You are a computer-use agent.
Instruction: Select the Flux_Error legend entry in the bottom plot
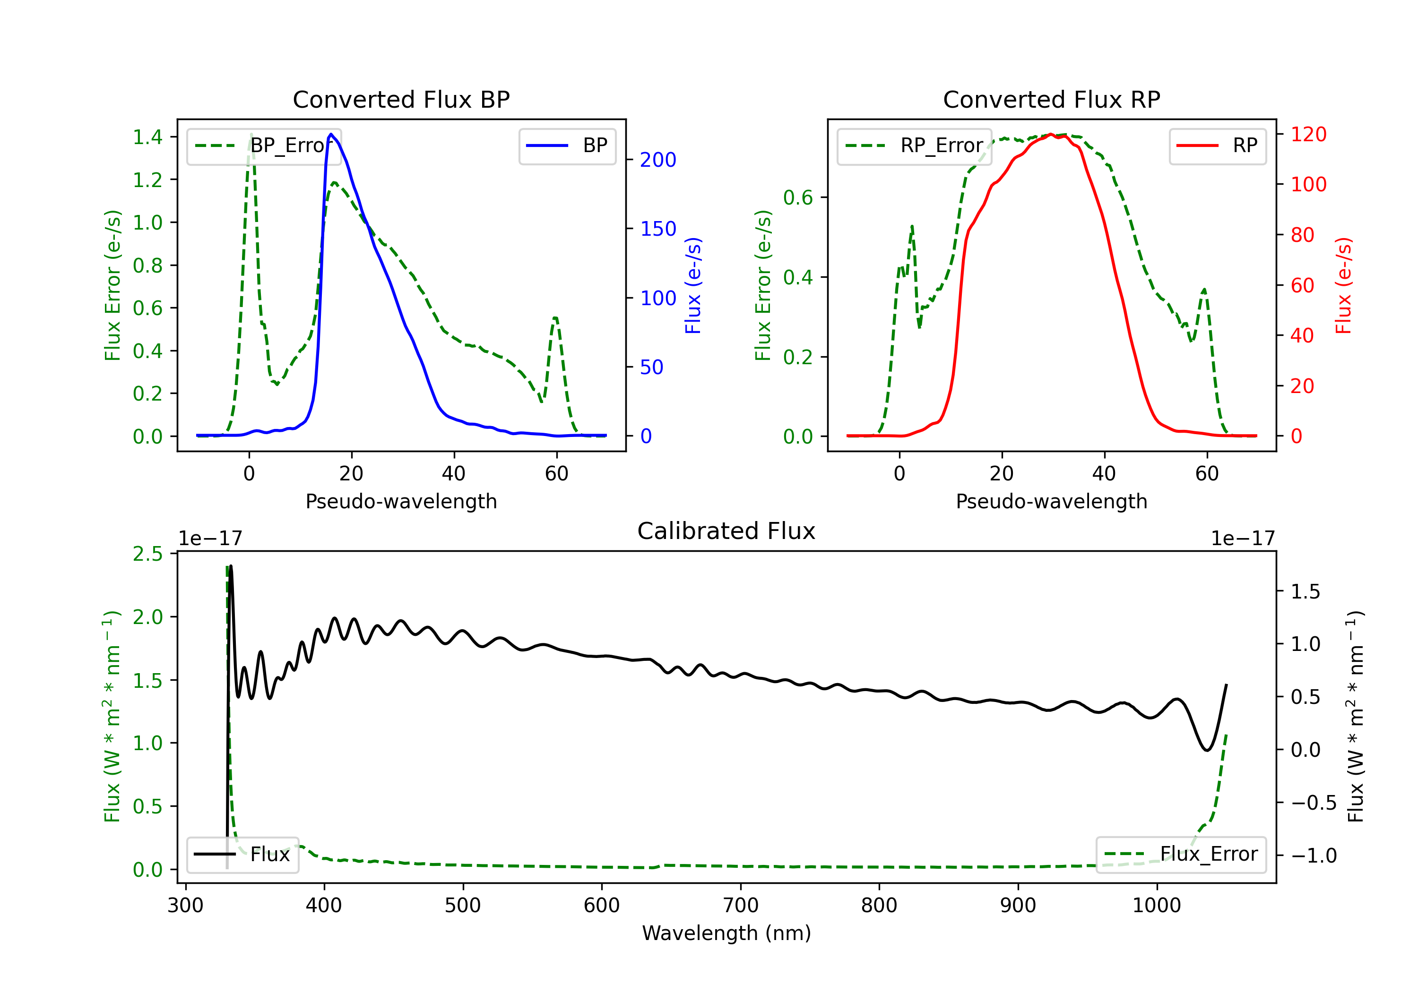[1181, 855]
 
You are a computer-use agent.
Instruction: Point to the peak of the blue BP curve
[332, 134]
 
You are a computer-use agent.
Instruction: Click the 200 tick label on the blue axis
[658, 160]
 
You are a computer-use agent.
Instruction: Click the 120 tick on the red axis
[1309, 135]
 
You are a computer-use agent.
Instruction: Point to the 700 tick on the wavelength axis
[741, 906]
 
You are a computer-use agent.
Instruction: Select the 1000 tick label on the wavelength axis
[1157, 906]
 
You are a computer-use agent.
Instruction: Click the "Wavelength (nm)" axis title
[726, 933]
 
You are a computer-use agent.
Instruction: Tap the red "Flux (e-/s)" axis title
[1343, 286]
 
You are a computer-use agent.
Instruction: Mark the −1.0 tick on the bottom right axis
[1314, 855]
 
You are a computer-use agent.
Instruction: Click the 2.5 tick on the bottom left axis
[147, 554]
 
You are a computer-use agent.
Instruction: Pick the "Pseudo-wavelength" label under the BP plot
[401, 501]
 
